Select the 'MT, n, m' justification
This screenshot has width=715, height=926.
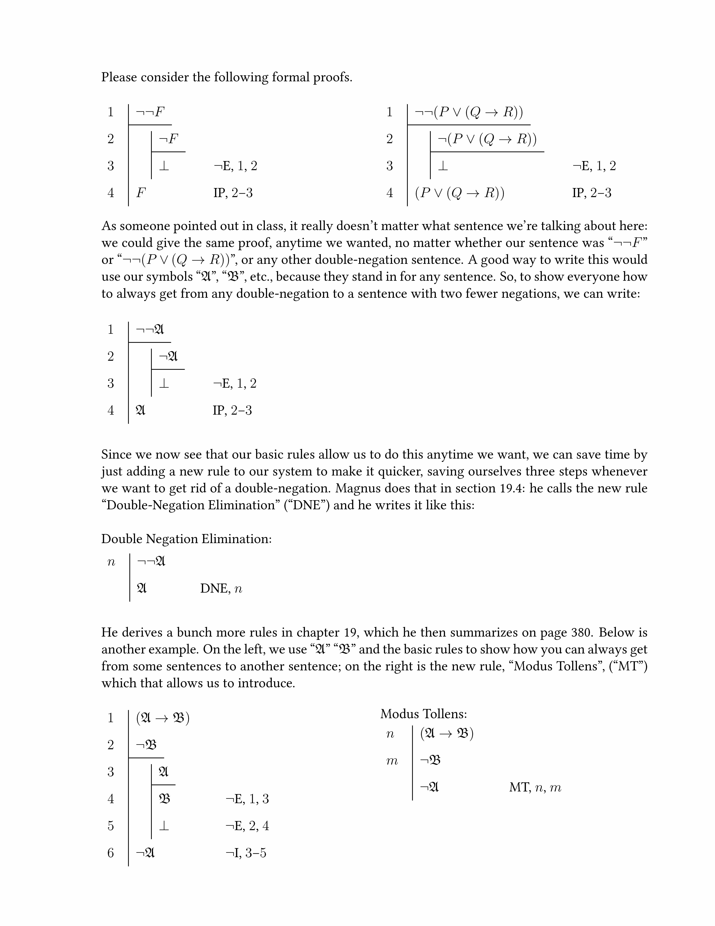click(535, 788)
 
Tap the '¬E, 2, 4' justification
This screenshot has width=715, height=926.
click(247, 826)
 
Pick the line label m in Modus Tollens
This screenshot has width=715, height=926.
click(392, 761)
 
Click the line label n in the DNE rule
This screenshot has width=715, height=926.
click(111, 562)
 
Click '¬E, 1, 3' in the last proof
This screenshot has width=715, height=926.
click(247, 799)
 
